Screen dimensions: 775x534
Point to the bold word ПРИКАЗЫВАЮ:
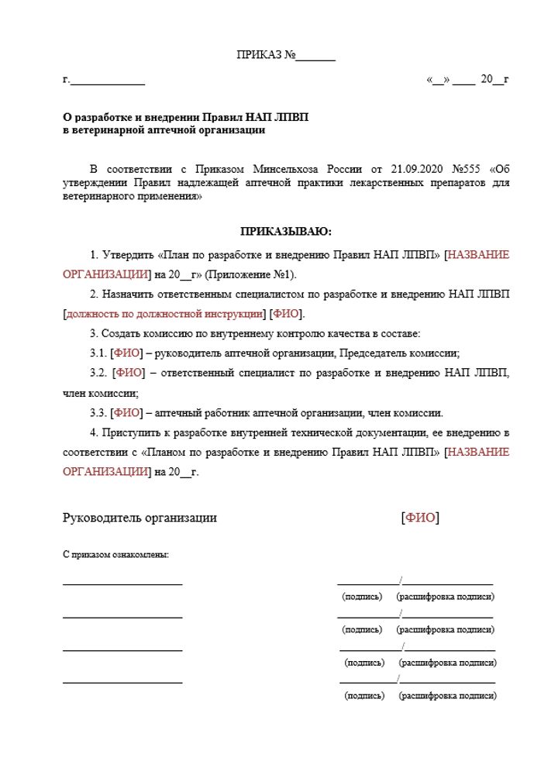point(286,231)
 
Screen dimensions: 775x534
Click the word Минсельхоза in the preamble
point(285,169)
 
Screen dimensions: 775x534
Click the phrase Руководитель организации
point(140,518)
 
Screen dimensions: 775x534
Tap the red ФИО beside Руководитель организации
point(419,518)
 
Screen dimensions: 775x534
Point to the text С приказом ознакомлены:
point(115,555)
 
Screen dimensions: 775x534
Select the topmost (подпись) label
point(362,597)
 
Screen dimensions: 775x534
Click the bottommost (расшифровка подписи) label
point(447,696)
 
